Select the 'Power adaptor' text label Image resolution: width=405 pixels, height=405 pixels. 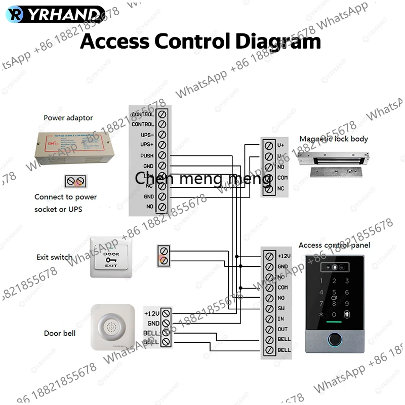[x=68, y=118]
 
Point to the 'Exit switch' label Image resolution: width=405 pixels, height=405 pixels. [x=54, y=257]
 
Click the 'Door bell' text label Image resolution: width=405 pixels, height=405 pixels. [x=59, y=333]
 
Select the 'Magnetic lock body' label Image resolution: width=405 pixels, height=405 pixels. [x=334, y=139]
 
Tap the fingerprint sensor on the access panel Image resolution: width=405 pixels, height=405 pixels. [x=335, y=341]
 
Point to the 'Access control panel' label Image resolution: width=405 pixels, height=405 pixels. [x=334, y=245]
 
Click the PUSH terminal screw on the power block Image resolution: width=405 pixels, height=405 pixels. [x=162, y=155]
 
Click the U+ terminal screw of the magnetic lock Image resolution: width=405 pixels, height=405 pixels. [x=268, y=145]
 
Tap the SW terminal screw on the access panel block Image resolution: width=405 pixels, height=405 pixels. [x=269, y=308]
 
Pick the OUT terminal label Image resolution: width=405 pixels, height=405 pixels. [x=282, y=329]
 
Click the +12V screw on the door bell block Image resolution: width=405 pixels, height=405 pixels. [x=166, y=314]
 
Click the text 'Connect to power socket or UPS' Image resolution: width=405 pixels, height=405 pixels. [x=65, y=203]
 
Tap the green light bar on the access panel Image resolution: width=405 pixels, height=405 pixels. [x=335, y=322]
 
